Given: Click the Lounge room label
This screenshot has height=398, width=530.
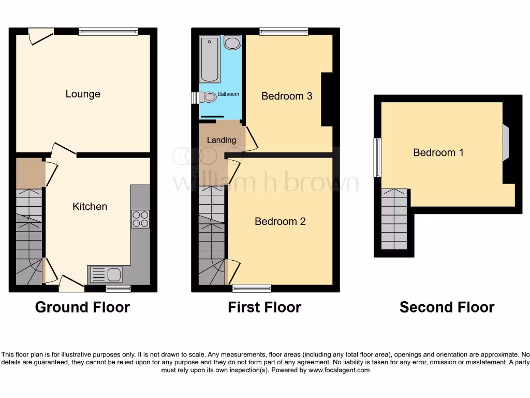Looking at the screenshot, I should pos(83,94).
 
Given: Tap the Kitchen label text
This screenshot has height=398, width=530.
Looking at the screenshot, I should pos(90,206).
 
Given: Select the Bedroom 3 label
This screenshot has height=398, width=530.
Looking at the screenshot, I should pos(287,96).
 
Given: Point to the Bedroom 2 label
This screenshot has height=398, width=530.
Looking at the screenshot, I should pos(280,221).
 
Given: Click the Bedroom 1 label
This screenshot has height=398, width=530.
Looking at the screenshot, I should pos(438,152).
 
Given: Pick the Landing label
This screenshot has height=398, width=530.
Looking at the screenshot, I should pos(222,140).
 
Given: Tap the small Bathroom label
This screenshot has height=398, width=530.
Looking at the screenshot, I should pos(228,94).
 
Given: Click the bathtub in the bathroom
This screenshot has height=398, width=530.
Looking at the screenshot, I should pos(210,60).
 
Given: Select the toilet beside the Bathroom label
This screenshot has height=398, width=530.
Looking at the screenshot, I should pos(209,97).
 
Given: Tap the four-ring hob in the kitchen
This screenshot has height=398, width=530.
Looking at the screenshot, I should pos(140,219).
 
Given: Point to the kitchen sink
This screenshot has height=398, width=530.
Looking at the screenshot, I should pos(106,274).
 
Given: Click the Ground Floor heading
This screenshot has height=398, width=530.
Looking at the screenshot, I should pos(82,307).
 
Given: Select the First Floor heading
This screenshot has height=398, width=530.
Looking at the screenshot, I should pos(264,307).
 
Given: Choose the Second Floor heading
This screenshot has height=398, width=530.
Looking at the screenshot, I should pos(447,307).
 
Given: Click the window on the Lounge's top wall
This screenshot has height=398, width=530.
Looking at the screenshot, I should pos(109,32).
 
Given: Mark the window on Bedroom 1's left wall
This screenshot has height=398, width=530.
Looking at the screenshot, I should pos(378,157).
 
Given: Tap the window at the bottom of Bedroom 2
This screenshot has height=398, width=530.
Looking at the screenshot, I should pos(252,288).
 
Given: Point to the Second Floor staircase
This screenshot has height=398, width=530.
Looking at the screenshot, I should pos(394,219).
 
